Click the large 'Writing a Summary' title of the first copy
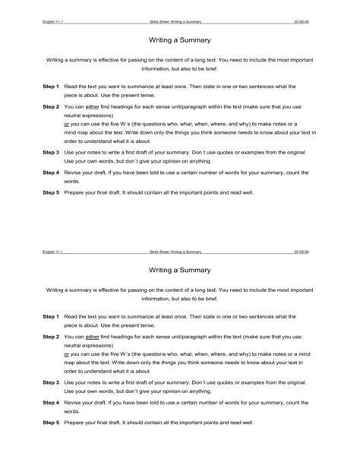click(179, 39)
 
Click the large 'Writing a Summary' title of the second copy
click(179, 269)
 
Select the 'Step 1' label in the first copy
click(51, 87)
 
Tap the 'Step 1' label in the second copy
click(51, 315)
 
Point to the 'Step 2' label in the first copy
click(51, 107)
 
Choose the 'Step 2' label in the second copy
click(51, 335)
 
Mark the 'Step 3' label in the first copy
click(51, 152)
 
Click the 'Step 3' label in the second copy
click(51, 383)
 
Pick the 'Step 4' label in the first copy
click(51, 173)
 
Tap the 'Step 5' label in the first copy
click(51, 193)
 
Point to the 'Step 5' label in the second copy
click(51, 423)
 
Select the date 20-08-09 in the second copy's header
click(302, 251)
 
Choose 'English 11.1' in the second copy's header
click(54, 251)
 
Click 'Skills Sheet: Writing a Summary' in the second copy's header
click(176, 251)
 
